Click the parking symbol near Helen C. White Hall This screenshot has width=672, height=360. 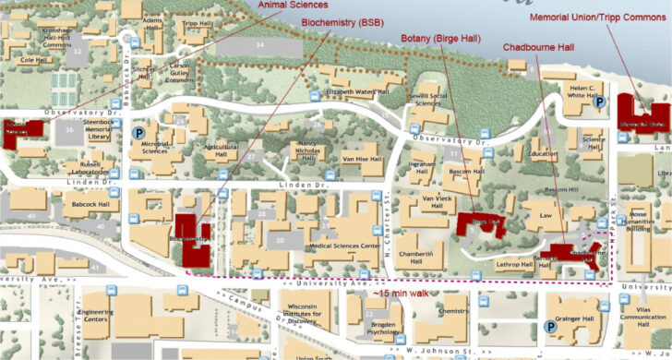tap(599, 104)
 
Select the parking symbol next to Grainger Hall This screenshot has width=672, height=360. tap(551, 325)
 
